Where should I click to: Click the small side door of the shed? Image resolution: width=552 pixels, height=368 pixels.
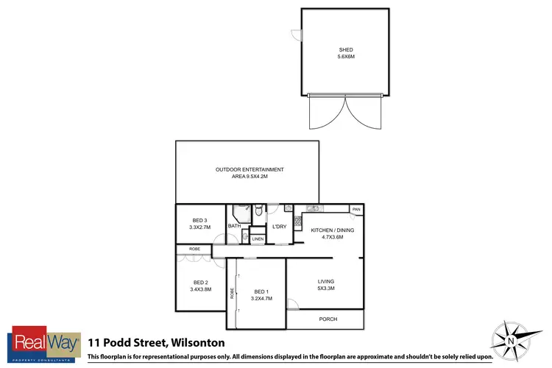coord(296,35)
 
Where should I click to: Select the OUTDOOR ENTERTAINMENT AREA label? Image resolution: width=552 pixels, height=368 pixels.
coord(250,170)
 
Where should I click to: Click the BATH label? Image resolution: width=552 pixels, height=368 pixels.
coord(234,226)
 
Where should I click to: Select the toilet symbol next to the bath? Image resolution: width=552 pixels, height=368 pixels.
coord(256,213)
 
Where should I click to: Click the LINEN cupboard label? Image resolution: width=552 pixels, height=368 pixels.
coord(257,239)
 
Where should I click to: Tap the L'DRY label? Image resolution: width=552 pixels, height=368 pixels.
coord(279,226)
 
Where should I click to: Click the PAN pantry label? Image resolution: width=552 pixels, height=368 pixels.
coord(356,210)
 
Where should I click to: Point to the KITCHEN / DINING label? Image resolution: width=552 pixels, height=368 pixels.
coord(332,230)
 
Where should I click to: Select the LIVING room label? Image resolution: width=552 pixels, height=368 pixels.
coord(326,281)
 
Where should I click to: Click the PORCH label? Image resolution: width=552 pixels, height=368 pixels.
coord(328,319)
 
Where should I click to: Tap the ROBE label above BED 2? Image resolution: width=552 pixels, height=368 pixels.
coord(194,250)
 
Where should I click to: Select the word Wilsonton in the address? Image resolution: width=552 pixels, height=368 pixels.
coord(198,342)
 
